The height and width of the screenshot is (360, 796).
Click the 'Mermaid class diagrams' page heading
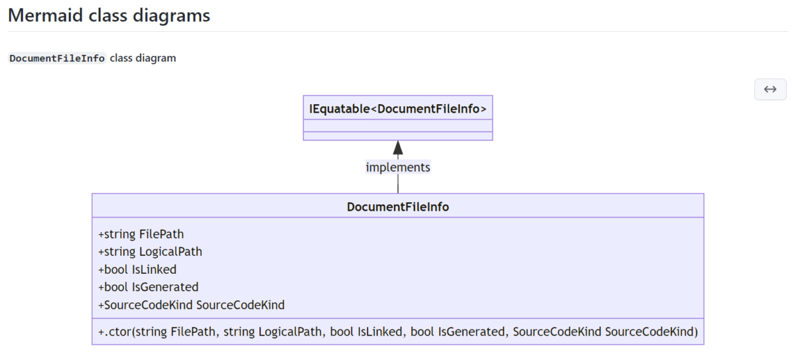tap(109, 15)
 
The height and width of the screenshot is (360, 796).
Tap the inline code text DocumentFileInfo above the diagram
tap(57, 58)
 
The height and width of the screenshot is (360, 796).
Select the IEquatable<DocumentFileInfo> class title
tap(398, 108)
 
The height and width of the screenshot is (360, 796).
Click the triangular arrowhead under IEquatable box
tap(398, 148)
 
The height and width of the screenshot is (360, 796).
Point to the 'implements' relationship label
tap(398, 167)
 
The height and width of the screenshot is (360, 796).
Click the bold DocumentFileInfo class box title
tap(398, 207)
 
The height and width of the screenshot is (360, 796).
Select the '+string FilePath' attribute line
tap(141, 234)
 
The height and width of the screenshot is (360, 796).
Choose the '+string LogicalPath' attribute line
tap(150, 252)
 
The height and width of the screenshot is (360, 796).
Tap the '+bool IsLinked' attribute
tap(137, 269)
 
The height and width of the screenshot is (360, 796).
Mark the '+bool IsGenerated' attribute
tap(148, 287)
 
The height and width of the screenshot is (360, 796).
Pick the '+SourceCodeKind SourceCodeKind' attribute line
tap(191, 305)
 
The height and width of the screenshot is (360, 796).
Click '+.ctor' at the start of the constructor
tap(115, 331)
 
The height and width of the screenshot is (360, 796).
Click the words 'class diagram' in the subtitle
tap(143, 58)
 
